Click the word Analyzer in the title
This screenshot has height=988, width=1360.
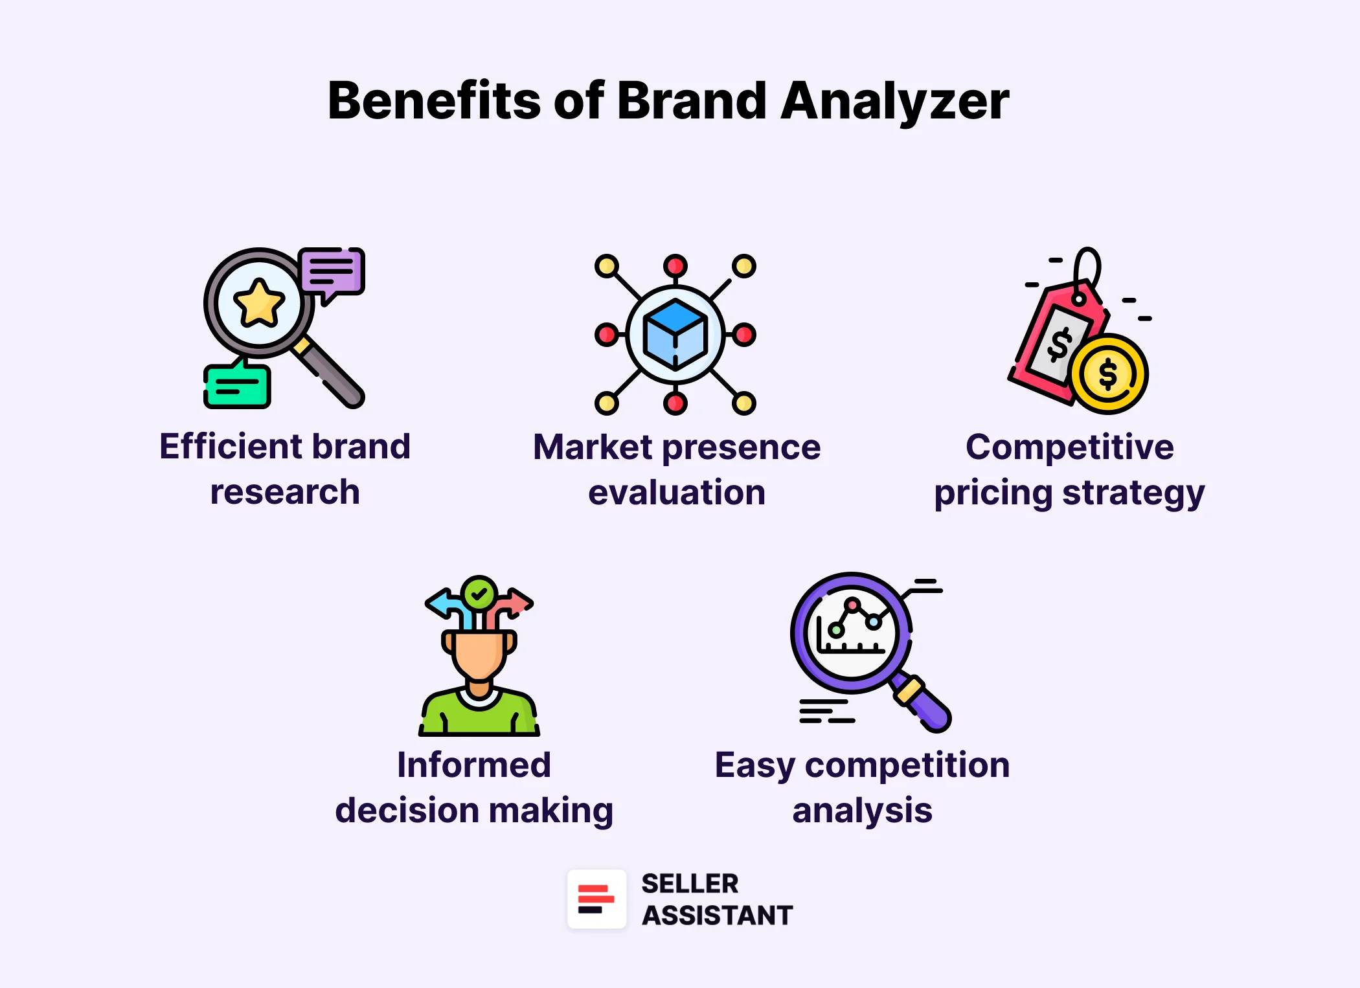tap(894, 102)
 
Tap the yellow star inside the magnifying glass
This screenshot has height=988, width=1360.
tap(259, 303)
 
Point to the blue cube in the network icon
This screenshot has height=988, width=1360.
tap(675, 334)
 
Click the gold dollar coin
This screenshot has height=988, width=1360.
tap(1108, 374)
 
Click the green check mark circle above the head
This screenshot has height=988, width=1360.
tap(479, 592)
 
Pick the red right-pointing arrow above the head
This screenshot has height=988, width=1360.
tap(516, 603)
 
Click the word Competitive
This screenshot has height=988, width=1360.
tap(1069, 447)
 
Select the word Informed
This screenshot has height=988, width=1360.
tap(474, 765)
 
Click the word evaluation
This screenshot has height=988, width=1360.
tap(677, 492)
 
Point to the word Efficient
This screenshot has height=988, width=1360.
tap(231, 446)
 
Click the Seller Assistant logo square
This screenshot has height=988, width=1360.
tap(596, 899)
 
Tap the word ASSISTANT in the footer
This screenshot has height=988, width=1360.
tap(717, 915)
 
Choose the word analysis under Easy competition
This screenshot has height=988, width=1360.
tap(862, 811)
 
